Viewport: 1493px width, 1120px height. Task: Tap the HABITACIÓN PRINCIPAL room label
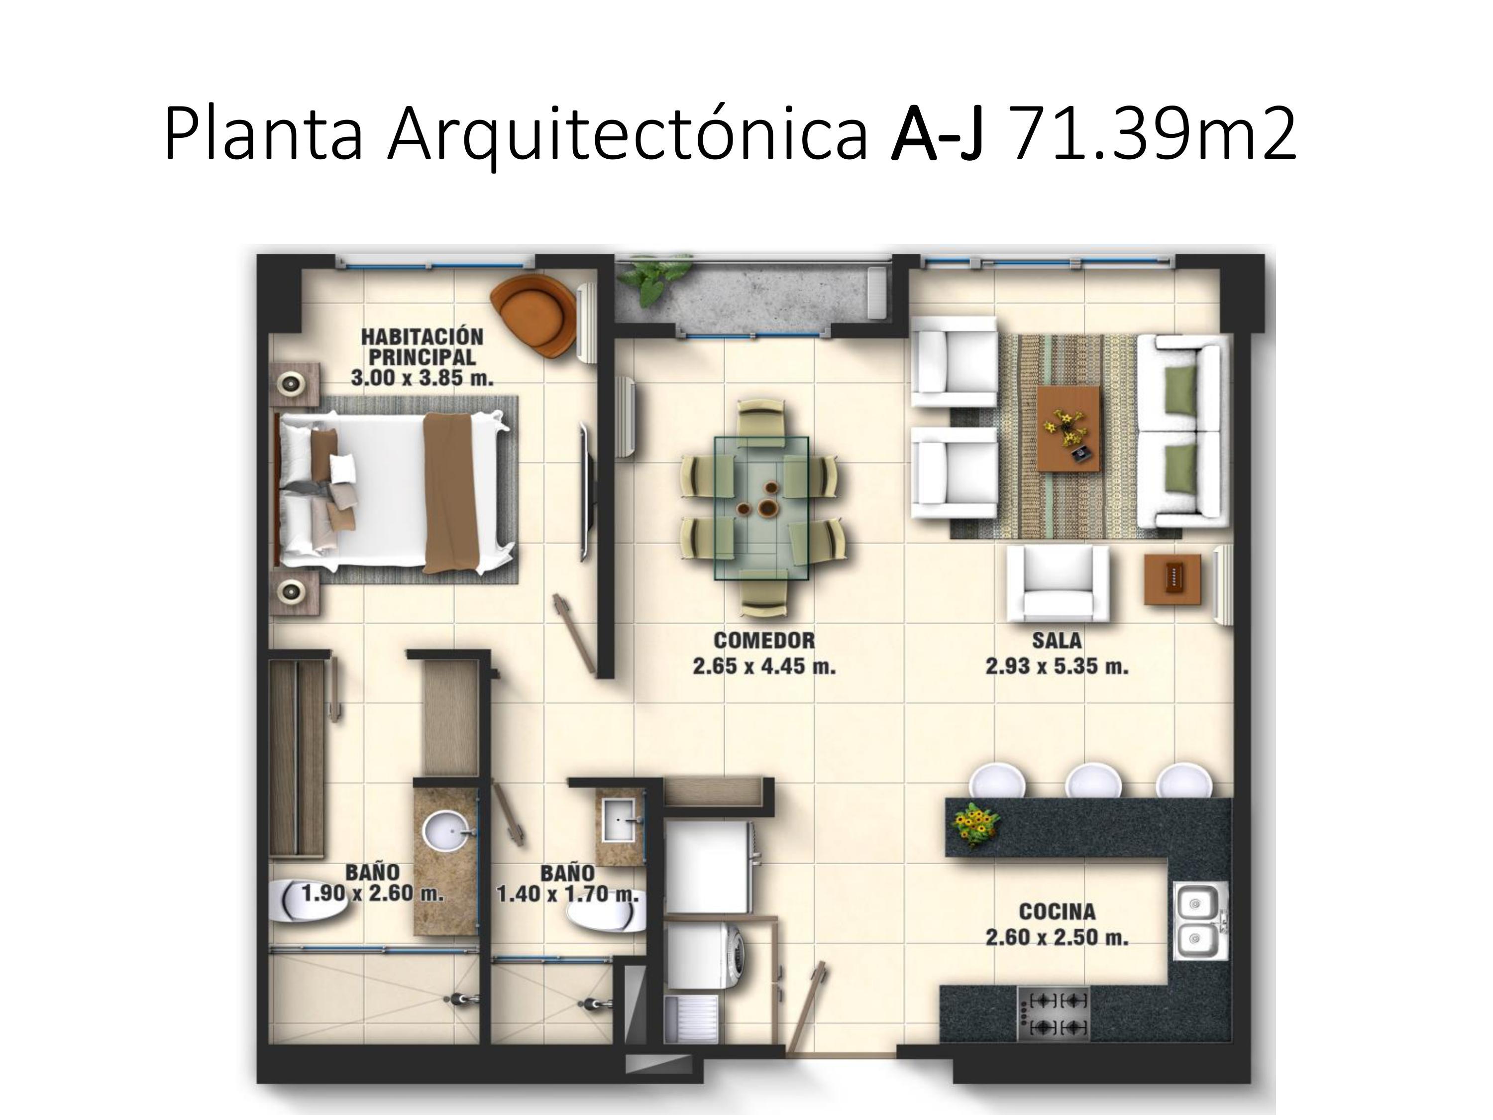[x=422, y=346]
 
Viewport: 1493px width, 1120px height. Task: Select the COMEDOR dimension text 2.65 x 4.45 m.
[x=764, y=667]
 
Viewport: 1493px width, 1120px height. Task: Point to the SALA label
[x=1057, y=640]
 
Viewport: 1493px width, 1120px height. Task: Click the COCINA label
[x=1057, y=911]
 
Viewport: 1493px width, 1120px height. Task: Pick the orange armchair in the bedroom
[x=533, y=317]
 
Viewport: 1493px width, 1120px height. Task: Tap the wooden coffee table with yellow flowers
[x=1068, y=428]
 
